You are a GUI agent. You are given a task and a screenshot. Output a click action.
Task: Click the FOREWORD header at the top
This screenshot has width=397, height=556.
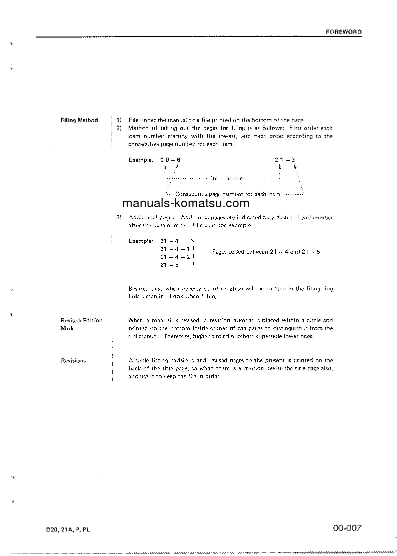point(343,32)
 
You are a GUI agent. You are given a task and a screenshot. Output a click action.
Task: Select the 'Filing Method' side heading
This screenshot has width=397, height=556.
point(79,120)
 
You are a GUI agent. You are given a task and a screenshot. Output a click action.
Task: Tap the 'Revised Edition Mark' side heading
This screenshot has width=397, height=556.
point(81,324)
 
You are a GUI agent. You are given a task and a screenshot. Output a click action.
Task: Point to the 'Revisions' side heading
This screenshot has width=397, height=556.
point(73,360)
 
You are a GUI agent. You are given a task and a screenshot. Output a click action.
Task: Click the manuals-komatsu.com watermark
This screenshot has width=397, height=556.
point(185,203)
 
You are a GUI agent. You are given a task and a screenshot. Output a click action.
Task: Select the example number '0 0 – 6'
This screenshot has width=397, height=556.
point(171,160)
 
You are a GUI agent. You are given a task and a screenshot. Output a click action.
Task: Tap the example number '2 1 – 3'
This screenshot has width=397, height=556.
point(284,160)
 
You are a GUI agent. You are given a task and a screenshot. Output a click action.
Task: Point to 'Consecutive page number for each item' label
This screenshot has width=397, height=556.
point(228,194)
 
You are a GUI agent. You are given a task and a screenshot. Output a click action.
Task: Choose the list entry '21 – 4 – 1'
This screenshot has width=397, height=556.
point(174,249)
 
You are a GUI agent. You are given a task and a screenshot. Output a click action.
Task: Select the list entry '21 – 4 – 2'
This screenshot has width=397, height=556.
point(174,257)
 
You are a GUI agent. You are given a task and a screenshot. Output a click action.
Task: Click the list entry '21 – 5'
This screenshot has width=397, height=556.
point(169,265)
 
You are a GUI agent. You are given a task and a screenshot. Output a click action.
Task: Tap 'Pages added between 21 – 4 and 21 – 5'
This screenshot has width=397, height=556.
point(266,252)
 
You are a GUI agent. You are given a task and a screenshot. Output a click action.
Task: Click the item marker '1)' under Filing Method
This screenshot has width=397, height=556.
point(119,120)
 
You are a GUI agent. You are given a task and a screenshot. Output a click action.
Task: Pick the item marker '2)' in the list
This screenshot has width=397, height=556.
point(119,128)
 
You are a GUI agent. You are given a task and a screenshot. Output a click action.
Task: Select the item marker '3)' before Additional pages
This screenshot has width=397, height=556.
point(119,218)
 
